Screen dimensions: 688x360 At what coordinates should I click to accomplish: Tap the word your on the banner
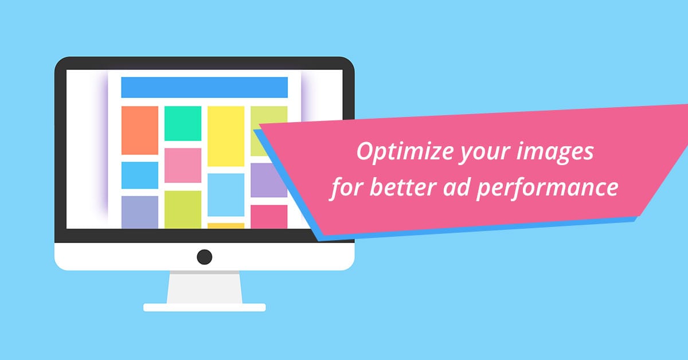[485, 154]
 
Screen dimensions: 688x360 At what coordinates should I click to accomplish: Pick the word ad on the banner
[456, 187]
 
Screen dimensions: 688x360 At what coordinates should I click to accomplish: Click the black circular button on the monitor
[205, 257]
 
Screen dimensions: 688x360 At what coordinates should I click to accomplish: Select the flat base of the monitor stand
[205, 307]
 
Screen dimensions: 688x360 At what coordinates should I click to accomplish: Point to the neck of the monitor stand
[205, 287]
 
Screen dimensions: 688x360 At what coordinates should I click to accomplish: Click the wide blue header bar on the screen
[205, 88]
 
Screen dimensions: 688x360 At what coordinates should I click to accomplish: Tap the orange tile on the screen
[140, 131]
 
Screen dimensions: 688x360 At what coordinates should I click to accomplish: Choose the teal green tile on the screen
[183, 123]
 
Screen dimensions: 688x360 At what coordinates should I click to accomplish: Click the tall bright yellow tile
[226, 136]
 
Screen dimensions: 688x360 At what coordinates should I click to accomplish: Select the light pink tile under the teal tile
[183, 166]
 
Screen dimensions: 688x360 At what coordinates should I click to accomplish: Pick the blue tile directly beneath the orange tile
[140, 175]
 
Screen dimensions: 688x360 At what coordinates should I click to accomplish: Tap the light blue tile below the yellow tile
[226, 195]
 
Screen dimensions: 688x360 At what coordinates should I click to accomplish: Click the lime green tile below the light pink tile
[183, 209]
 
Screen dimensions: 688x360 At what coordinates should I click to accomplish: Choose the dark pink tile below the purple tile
[269, 217]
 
